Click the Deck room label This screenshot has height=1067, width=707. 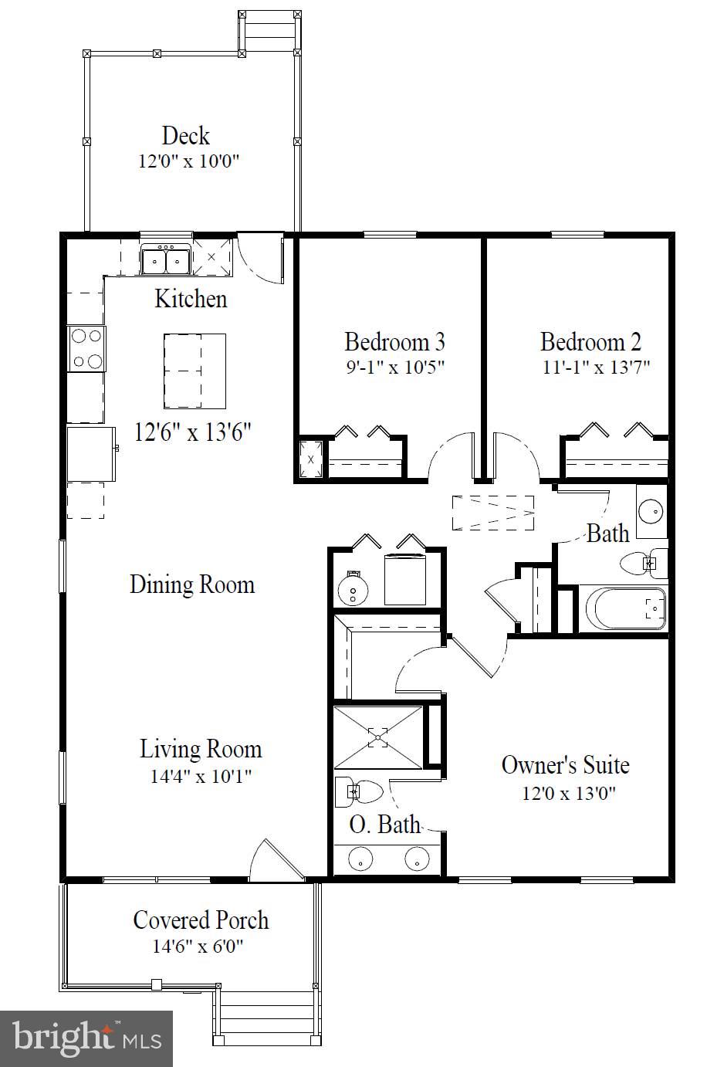pos(185,136)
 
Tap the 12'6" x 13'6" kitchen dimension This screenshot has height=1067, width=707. pos(193,432)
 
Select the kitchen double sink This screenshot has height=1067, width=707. pos(166,260)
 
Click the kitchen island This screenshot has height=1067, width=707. pos(195,371)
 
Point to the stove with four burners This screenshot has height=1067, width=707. pos(86,349)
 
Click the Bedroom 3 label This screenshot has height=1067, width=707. pos(394,341)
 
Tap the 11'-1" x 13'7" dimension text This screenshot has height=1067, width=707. pos(591,367)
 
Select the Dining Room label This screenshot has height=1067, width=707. pos(192,584)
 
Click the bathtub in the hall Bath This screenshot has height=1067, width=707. pos(626,609)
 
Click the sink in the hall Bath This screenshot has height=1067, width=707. pos(652,511)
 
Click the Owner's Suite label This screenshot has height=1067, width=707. pos(565,765)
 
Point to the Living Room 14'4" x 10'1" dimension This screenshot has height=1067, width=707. pos(201,775)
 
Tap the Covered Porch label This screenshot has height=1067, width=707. pos(201,920)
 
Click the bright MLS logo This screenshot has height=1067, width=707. pos(86,1038)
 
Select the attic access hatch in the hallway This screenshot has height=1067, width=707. pos(493,512)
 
